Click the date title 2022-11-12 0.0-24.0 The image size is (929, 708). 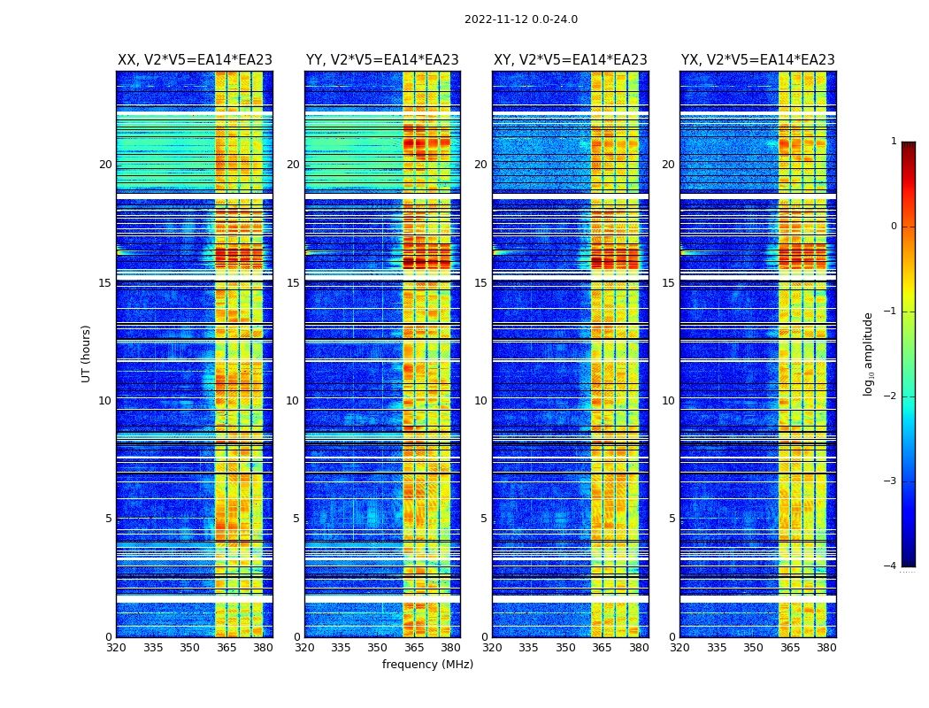[x=521, y=19]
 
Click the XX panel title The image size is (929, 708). [x=195, y=60]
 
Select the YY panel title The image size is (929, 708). [x=382, y=60]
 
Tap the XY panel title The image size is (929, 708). [x=571, y=60]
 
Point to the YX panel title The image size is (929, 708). [x=758, y=60]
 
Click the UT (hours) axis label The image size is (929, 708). [x=86, y=353]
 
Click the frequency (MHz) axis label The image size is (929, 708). [x=427, y=665]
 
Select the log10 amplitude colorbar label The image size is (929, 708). [x=869, y=353]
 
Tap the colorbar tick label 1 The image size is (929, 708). [x=894, y=142]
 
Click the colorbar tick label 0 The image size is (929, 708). [x=894, y=227]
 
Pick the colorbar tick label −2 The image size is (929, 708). [x=891, y=396]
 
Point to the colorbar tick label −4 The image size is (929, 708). [x=891, y=566]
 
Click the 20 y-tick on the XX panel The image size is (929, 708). [x=105, y=165]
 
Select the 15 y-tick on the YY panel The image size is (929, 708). [x=293, y=283]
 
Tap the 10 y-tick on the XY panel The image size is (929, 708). [x=480, y=401]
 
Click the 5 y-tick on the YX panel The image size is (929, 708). [x=672, y=519]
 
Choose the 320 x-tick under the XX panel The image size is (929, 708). [x=117, y=648]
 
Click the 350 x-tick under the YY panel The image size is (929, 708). [x=378, y=648]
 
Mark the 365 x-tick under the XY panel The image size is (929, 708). [x=602, y=648]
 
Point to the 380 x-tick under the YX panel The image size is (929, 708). [x=826, y=648]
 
